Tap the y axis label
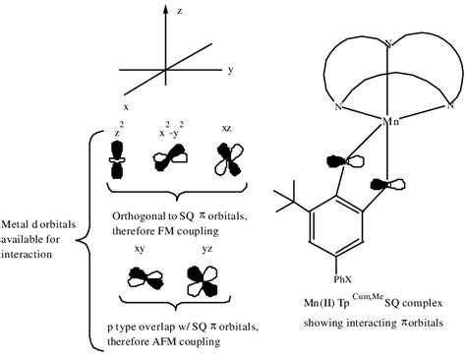(x=229, y=71)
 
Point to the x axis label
(x=126, y=105)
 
